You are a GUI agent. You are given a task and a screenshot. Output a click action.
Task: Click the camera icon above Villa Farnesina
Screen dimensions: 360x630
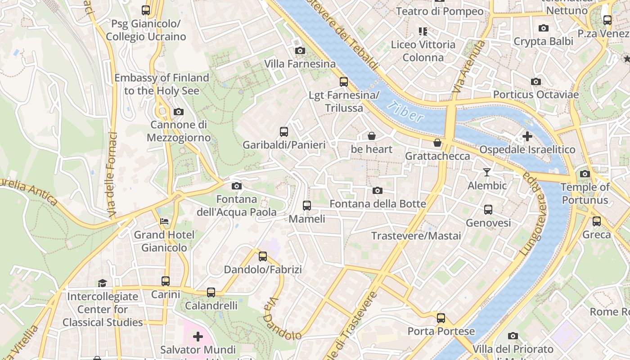click(x=300, y=51)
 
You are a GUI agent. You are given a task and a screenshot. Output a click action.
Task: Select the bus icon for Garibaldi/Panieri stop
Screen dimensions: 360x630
click(x=284, y=132)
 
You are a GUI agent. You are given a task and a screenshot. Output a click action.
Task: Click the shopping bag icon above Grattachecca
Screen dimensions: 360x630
click(x=437, y=143)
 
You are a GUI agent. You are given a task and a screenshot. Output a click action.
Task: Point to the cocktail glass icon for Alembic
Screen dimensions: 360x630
click(x=486, y=172)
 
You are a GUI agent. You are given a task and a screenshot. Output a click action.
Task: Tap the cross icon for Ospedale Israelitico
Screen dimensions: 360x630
click(x=527, y=136)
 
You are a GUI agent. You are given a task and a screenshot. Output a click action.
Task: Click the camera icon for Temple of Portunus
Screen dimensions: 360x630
click(x=585, y=174)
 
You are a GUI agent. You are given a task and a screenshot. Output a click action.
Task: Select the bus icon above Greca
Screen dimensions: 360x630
click(x=597, y=221)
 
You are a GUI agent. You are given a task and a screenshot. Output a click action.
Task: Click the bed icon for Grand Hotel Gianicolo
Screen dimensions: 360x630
click(x=165, y=221)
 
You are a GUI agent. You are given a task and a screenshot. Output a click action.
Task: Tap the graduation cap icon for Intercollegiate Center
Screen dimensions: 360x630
click(x=103, y=283)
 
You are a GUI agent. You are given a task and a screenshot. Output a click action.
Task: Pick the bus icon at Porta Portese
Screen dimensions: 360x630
click(x=441, y=318)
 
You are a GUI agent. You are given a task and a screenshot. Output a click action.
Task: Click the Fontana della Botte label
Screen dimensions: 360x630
click(x=378, y=204)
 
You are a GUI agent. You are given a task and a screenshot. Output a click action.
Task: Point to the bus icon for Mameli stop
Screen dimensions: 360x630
click(x=307, y=206)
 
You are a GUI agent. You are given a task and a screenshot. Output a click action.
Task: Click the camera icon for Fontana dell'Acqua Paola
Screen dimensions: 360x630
click(x=237, y=186)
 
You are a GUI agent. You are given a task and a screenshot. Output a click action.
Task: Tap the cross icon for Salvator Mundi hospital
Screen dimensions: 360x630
click(x=198, y=337)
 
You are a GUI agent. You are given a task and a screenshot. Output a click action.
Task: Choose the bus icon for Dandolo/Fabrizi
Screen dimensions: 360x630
click(x=263, y=256)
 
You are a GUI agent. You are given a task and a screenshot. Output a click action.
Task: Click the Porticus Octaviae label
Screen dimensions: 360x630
click(x=535, y=94)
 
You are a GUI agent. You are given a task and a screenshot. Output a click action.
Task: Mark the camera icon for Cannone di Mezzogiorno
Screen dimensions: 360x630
click(x=179, y=112)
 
